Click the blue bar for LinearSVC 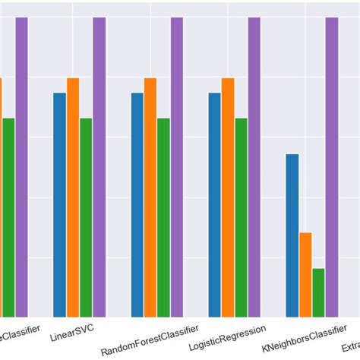[60, 204]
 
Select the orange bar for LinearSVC [73, 197]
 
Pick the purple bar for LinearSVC [99, 166]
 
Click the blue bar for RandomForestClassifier [137, 204]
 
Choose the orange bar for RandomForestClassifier [150, 197]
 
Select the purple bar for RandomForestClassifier [177, 166]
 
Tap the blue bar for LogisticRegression [215, 204]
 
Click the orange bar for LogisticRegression [228, 197]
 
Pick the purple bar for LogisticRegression [254, 166]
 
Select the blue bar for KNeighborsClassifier [292, 235]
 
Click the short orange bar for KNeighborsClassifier [305, 274]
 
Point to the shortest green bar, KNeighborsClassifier [318, 292]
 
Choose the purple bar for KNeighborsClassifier [332, 166]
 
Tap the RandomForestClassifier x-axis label [150, 339]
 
